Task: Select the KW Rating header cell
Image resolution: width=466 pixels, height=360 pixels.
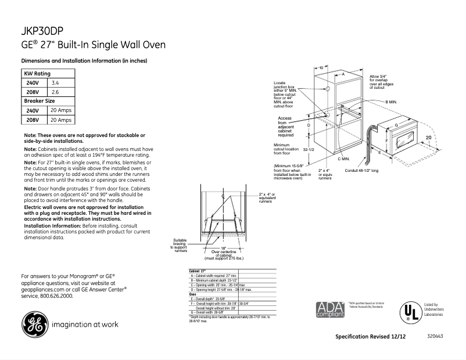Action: (37, 74)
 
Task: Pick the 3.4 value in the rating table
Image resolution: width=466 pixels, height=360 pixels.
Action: (55, 83)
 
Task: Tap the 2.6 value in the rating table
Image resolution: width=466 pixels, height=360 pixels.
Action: (55, 92)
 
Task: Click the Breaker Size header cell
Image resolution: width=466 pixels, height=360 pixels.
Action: (39, 101)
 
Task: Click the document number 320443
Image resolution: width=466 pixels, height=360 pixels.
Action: (434, 337)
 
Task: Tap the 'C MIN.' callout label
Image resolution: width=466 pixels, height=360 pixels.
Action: (343, 159)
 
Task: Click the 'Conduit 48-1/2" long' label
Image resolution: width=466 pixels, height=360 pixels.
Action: (361, 171)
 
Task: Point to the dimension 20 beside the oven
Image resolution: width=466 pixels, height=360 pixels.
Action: (428, 137)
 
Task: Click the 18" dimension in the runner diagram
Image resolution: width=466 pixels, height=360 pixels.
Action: (223, 248)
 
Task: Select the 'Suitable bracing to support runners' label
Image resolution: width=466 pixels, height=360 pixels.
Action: (180, 245)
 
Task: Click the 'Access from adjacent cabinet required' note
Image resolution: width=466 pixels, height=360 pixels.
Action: (285, 126)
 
